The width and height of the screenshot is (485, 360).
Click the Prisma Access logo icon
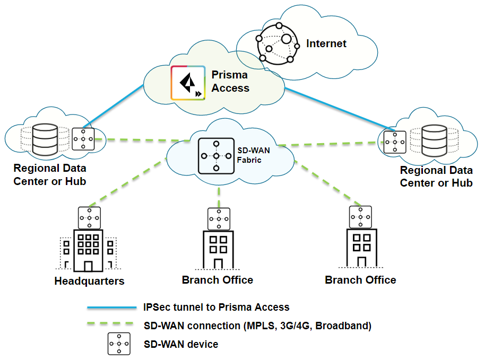188,82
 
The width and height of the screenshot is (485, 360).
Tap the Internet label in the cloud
326,43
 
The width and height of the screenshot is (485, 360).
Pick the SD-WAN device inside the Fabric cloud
216,155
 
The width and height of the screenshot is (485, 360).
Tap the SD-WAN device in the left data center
83,139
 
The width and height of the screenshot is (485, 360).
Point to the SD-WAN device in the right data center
395,142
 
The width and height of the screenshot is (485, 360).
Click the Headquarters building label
89,281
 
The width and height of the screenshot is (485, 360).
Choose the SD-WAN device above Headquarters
89,218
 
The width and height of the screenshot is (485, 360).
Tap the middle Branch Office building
218,250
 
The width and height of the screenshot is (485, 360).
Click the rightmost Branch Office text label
360,279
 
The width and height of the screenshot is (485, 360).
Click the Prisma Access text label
229,81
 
